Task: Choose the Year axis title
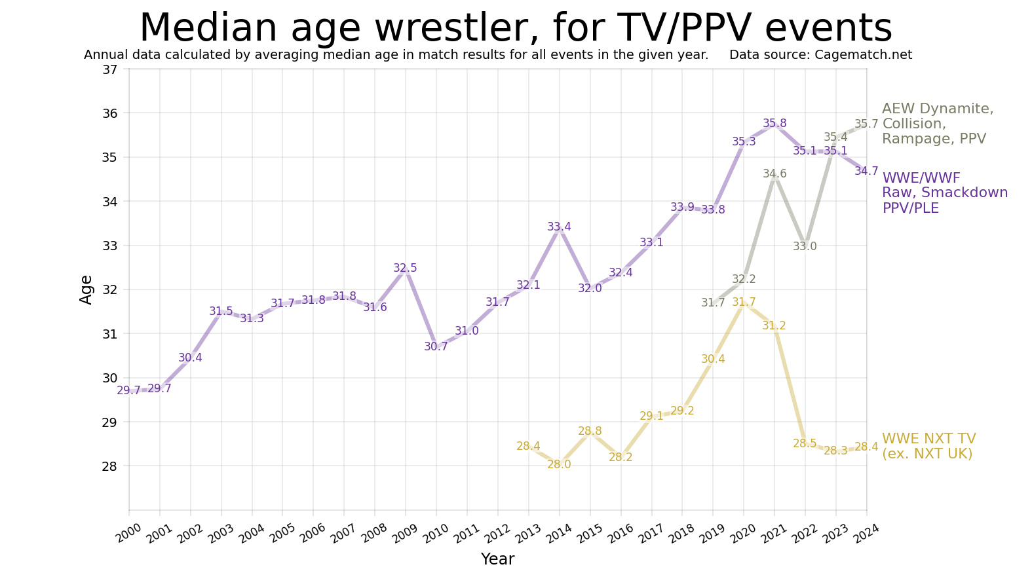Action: point(497,559)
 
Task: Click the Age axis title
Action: point(86,289)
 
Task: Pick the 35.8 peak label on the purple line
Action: point(774,123)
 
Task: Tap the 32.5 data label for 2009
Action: point(405,268)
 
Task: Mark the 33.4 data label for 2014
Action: point(559,227)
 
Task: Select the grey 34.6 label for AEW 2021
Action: point(774,174)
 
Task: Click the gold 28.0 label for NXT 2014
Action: point(559,464)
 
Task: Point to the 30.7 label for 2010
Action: point(436,346)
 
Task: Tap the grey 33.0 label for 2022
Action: point(805,246)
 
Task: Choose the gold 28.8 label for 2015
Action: point(590,431)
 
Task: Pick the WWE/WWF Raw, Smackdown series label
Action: point(944,193)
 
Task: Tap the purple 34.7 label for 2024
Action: point(866,171)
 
